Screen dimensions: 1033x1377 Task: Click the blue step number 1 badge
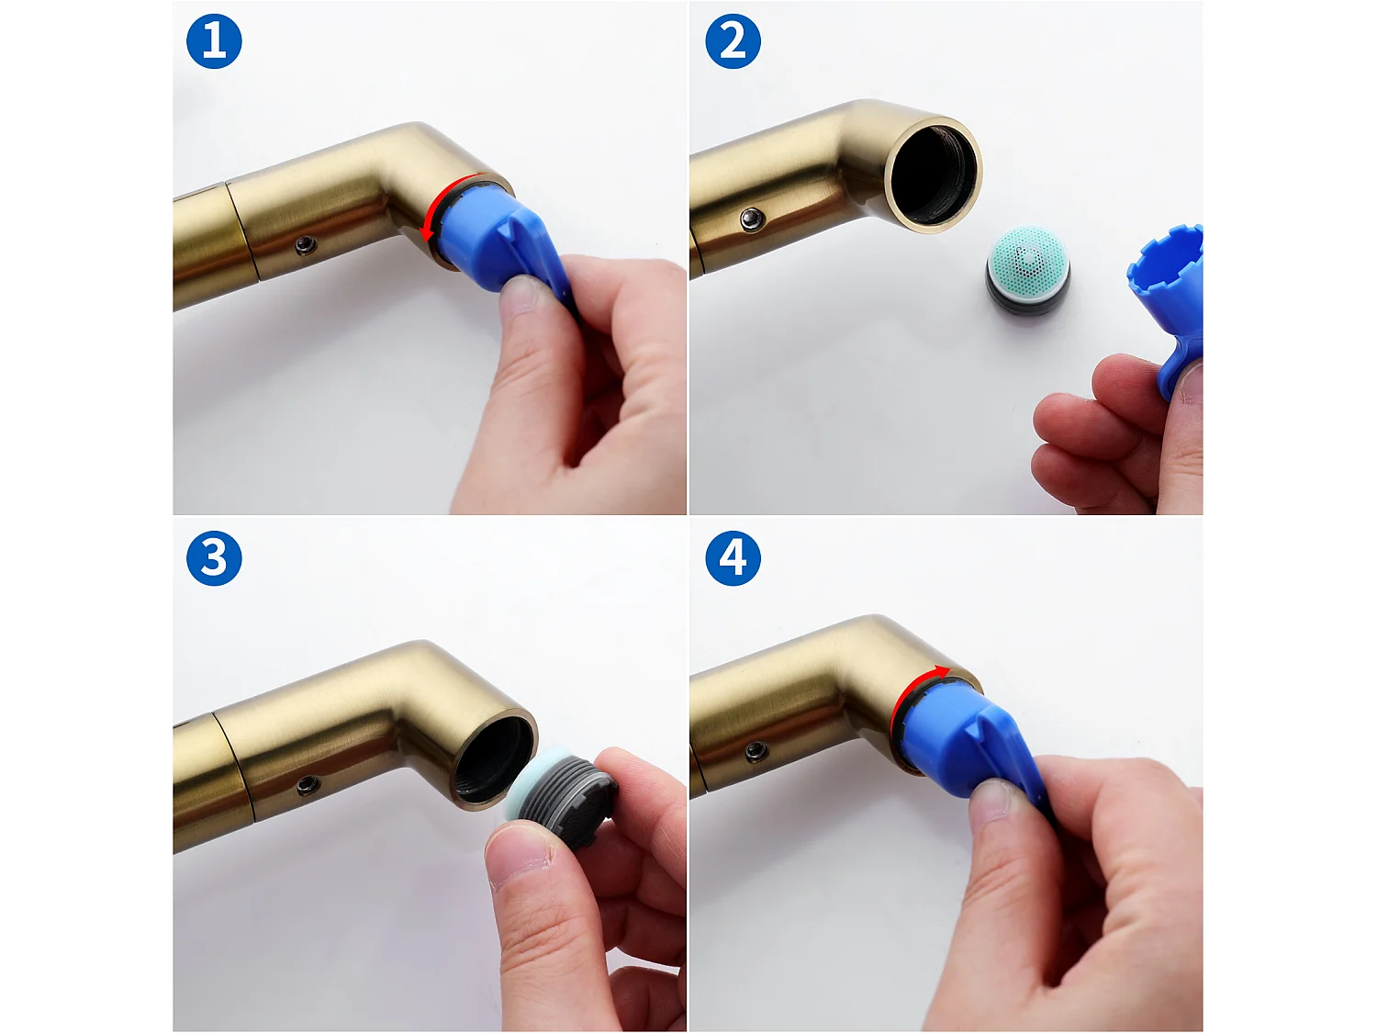click(x=214, y=41)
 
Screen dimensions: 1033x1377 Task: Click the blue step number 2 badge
click(x=733, y=41)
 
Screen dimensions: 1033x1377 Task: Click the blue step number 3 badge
click(x=214, y=558)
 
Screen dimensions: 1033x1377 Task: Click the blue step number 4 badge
click(x=733, y=558)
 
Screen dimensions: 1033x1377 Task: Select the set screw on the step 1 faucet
click(x=306, y=244)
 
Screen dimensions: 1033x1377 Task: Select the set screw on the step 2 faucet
click(x=753, y=219)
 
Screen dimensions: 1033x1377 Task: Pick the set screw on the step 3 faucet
click(x=308, y=785)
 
